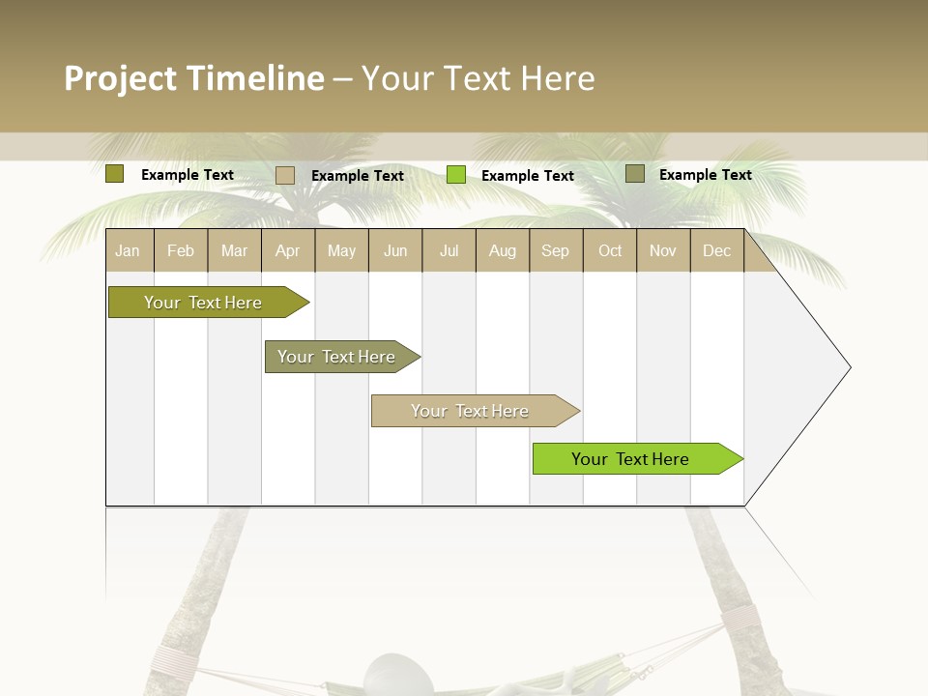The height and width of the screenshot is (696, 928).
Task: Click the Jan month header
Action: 128,250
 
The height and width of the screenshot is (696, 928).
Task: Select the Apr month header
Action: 287,250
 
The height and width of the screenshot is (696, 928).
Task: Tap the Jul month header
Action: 449,250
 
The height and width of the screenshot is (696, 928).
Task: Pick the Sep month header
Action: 555,250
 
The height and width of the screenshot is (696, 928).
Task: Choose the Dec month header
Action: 716,250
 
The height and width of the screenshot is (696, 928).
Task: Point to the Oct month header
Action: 610,250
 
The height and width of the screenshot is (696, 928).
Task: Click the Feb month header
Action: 181,250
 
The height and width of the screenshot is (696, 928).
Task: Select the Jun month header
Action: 395,250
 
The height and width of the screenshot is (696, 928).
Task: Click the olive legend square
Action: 115,174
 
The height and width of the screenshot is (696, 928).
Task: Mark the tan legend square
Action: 285,175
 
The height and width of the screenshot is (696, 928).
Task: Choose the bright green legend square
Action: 456,175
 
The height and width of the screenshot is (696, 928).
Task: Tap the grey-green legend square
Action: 635,174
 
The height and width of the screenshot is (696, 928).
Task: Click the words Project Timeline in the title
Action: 194,78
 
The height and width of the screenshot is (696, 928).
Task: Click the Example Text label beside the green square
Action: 528,176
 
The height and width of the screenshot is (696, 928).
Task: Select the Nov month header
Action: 663,250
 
